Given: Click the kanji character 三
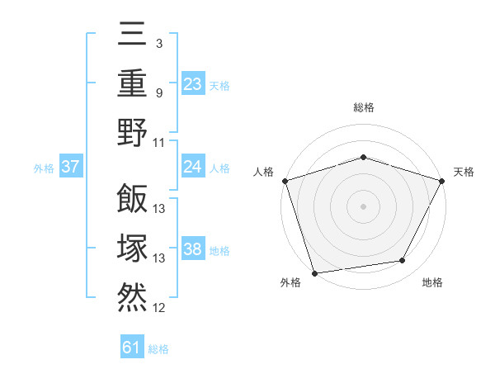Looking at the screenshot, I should (x=132, y=34).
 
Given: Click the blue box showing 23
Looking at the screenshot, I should (x=193, y=83).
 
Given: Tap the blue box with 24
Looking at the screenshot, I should (x=193, y=167).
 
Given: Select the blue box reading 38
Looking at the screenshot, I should (x=193, y=249).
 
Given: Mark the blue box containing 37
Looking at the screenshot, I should (x=70, y=167).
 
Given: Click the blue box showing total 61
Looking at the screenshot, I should (x=132, y=348).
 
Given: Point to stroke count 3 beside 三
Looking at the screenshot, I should (x=158, y=42).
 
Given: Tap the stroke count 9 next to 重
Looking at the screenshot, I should (x=158, y=92).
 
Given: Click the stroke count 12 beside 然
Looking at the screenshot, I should (x=159, y=308).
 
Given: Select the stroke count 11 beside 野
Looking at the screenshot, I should (x=159, y=142).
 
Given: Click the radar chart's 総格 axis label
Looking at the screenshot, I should (x=363, y=108).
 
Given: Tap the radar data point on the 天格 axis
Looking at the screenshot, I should (x=442, y=181).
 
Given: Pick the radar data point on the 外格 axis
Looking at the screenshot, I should (x=315, y=272).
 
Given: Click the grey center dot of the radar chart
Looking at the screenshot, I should (x=363, y=206).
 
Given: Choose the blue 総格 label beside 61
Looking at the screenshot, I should (x=158, y=349).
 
